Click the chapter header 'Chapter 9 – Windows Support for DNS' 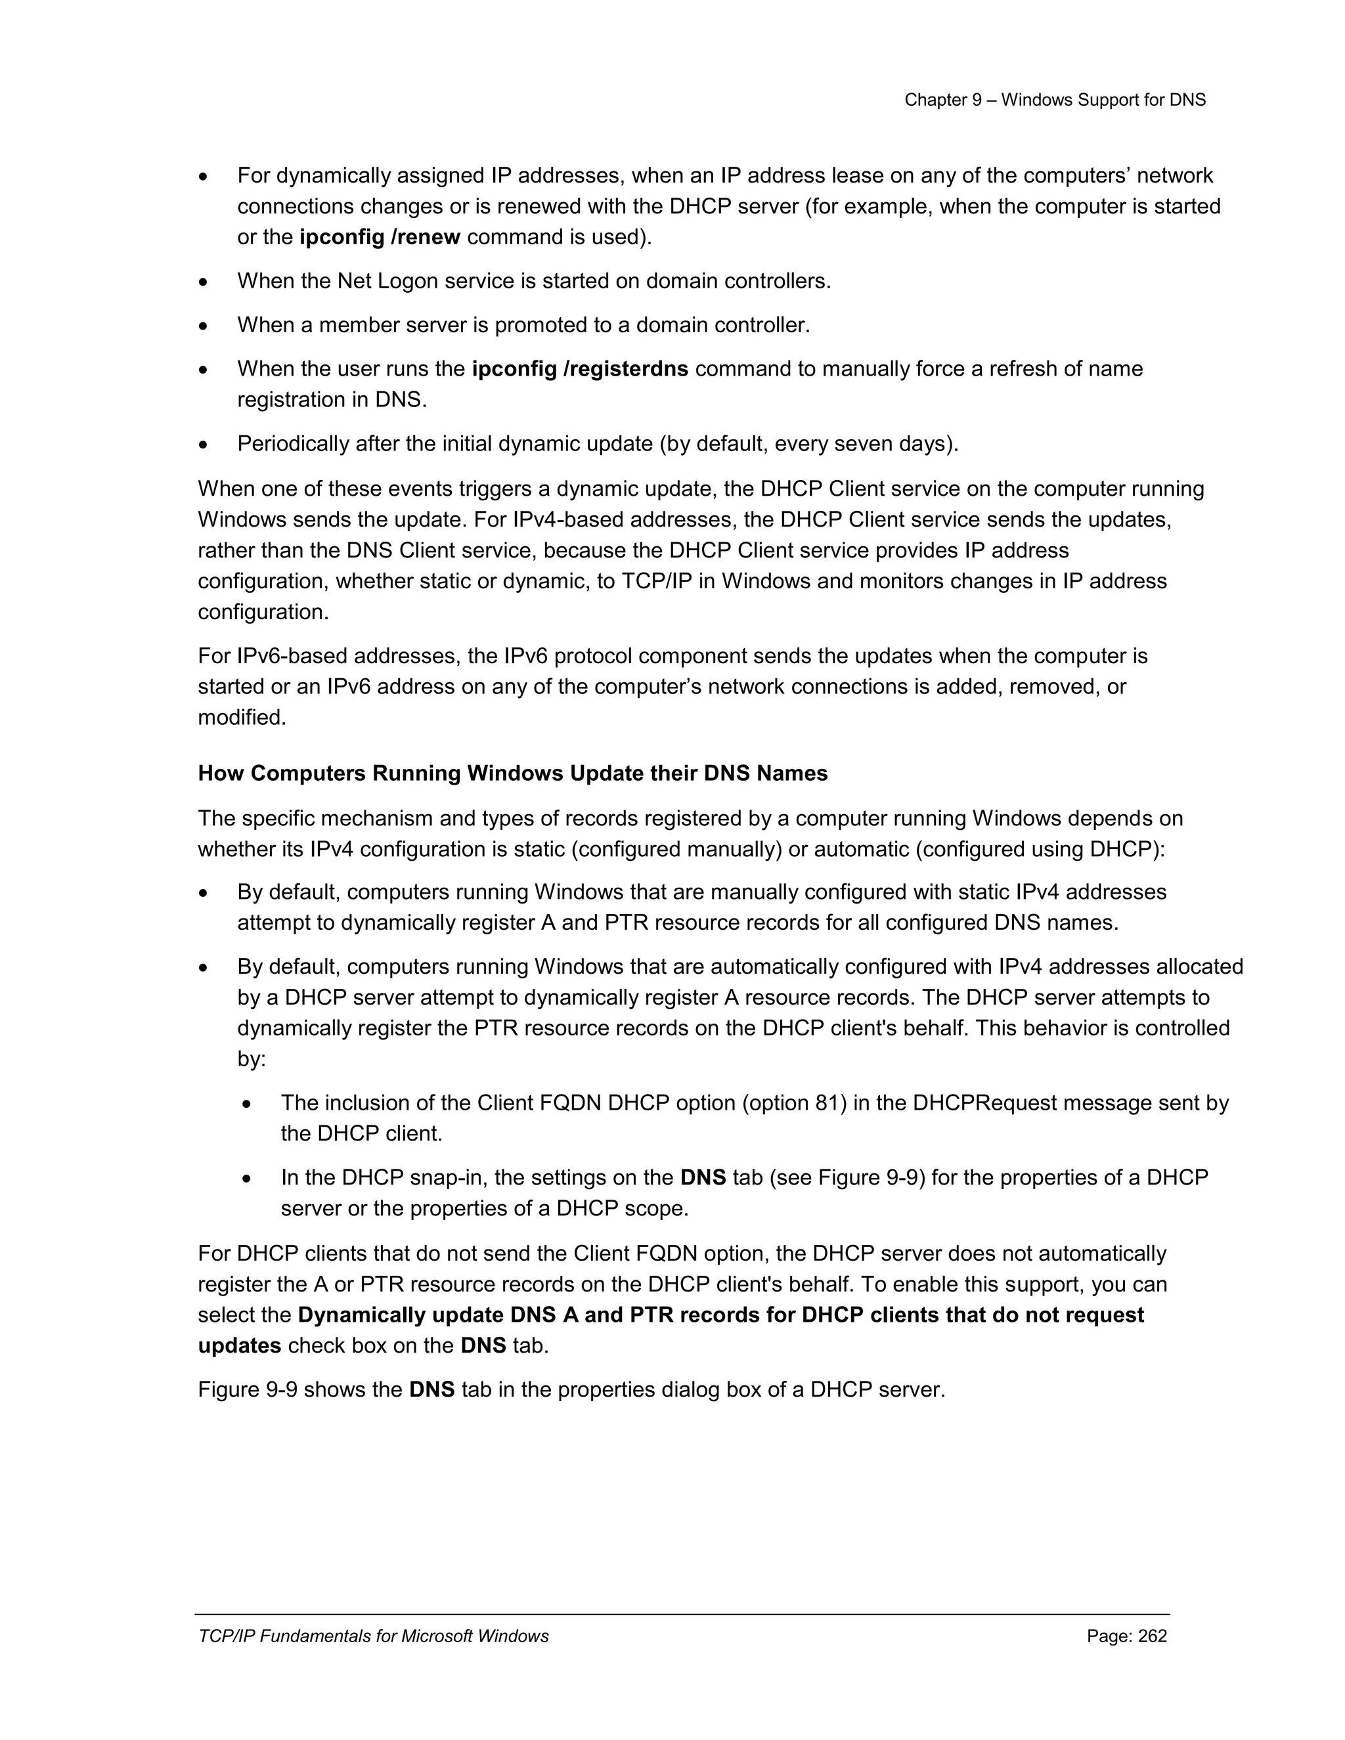(1054, 100)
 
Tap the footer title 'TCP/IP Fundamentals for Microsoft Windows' (373, 1636)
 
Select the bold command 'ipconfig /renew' (380, 238)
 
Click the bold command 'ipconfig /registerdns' (580, 369)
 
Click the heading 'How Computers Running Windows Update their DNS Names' (512, 773)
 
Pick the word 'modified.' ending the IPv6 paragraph (242, 718)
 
